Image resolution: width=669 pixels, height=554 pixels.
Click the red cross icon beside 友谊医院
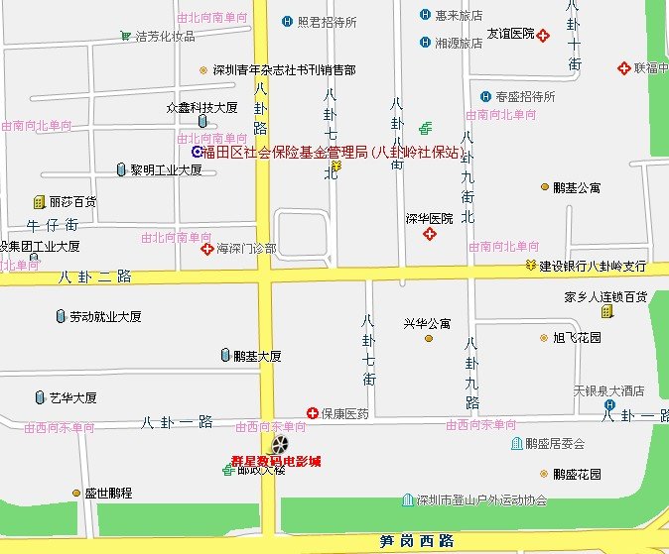544,36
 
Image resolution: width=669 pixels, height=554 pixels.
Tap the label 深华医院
429,218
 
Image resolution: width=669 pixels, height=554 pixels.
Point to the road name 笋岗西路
417,541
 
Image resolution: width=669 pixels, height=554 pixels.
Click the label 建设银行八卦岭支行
593,267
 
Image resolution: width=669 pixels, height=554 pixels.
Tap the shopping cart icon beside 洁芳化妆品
126,36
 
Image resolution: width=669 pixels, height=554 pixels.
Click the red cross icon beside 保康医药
312,413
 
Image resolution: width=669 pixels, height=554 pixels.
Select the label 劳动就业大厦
105,317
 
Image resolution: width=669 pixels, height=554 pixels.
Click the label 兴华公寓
427,323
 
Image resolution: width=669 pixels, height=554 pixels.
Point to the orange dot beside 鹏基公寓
544,186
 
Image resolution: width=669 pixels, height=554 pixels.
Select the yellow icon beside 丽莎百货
39,201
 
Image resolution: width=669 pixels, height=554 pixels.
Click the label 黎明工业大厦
166,169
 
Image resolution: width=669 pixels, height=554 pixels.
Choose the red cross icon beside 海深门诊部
207,248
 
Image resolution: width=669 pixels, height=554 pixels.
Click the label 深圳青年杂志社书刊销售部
285,70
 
